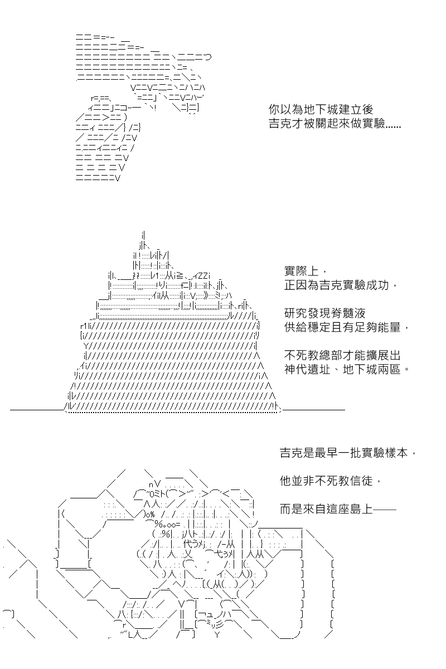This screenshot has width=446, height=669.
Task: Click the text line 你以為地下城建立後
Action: (x=321, y=110)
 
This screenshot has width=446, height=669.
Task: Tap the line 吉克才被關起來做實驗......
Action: (x=334, y=123)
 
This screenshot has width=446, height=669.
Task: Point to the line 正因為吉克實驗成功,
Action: (x=341, y=285)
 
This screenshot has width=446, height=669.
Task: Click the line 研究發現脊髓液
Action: (x=324, y=313)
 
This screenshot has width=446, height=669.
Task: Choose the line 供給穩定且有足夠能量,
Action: (x=347, y=327)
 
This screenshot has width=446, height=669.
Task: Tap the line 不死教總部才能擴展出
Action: (x=342, y=356)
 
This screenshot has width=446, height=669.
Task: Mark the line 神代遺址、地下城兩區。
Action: (x=347, y=370)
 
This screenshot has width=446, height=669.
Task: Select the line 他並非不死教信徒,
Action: (x=331, y=481)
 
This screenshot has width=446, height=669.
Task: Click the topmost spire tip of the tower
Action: (x=144, y=231)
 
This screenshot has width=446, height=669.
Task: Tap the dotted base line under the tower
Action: (x=173, y=413)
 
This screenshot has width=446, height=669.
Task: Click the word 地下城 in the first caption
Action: (x=321, y=110)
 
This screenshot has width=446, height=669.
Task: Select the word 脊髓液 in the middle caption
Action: (x=348, y=313)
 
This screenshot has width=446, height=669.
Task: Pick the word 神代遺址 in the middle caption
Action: (x=307, y=370)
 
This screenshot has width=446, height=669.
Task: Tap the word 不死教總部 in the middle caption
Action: (x=313, y=356)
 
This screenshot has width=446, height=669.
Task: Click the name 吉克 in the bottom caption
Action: (x=292, y=453)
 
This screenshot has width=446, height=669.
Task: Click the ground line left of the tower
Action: (x=37, y=410)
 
